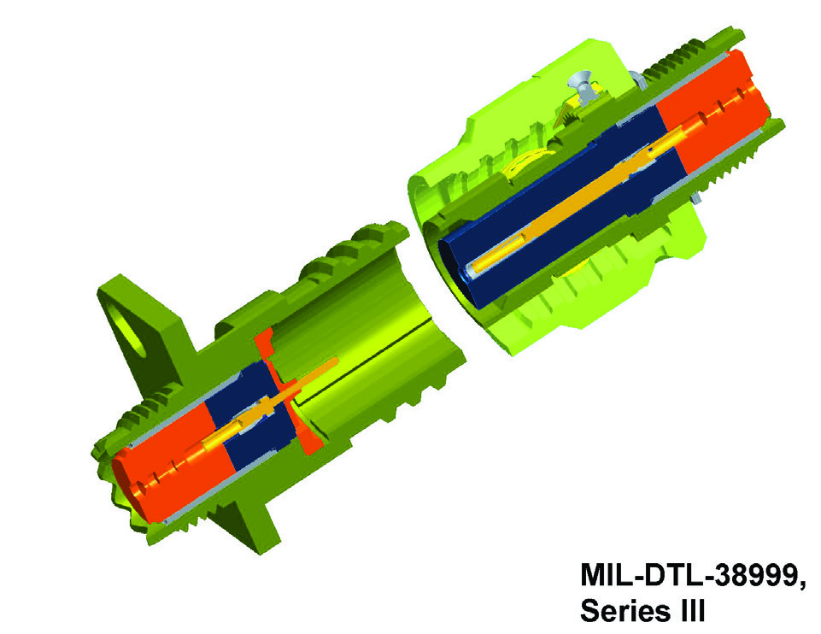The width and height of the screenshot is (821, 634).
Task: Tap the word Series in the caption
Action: coord(625,610)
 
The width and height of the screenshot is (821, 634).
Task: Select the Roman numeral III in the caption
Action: coord(690,610)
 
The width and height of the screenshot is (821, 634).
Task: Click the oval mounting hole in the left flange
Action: coord(131,327)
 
